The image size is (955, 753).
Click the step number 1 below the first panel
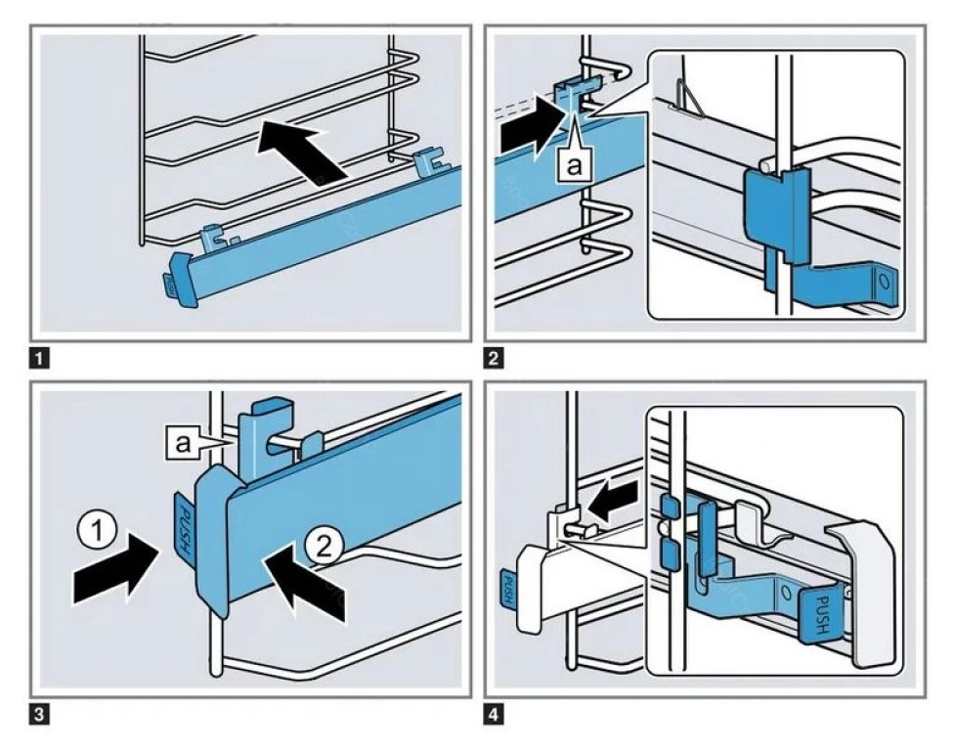[x=38, y=359]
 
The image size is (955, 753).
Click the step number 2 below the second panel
[x=497, y=359]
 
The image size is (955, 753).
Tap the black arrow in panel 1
[x=304, y=153]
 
